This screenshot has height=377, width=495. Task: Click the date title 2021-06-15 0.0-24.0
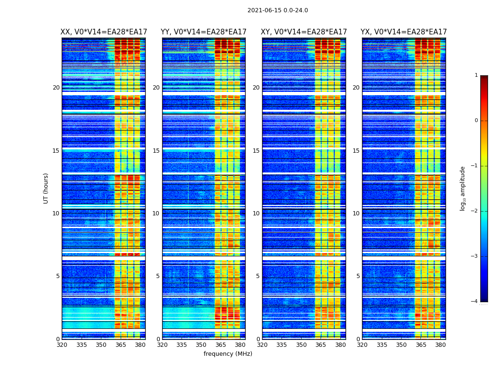(x=278, y=10)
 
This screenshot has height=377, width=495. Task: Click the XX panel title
(x=104, y=32)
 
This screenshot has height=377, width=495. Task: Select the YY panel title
(x=204, y=32)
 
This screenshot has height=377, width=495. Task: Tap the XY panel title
(x=304, y=32)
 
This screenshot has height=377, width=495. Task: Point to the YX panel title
(x=404, y=32)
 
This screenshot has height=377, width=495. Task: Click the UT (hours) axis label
(x=46, y=188)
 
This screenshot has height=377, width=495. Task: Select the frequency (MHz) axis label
(x=228, y=354)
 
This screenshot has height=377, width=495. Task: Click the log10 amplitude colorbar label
(x=463, y=188)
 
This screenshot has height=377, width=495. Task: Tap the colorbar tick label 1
(x=476, y=75)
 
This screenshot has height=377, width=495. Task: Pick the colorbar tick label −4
(x=475, y=302)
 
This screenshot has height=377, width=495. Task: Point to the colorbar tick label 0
(x=476, y=121)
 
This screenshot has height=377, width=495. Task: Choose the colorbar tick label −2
(x=475, y=211)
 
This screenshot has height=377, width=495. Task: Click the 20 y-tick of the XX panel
(x=56, y=88)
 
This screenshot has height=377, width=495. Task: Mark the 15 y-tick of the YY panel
(x=156, y=151)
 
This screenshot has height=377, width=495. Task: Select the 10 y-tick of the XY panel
(x=256, y=213)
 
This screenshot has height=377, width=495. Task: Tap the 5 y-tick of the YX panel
(x=358, y=276)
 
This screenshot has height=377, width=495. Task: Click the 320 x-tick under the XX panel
(x=62, y=345)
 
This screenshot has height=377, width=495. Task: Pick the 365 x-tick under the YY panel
(x=221, y=345)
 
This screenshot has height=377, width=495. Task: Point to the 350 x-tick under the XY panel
(x=301, y=345)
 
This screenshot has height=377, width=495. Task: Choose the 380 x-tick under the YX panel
(x=440, y=345)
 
